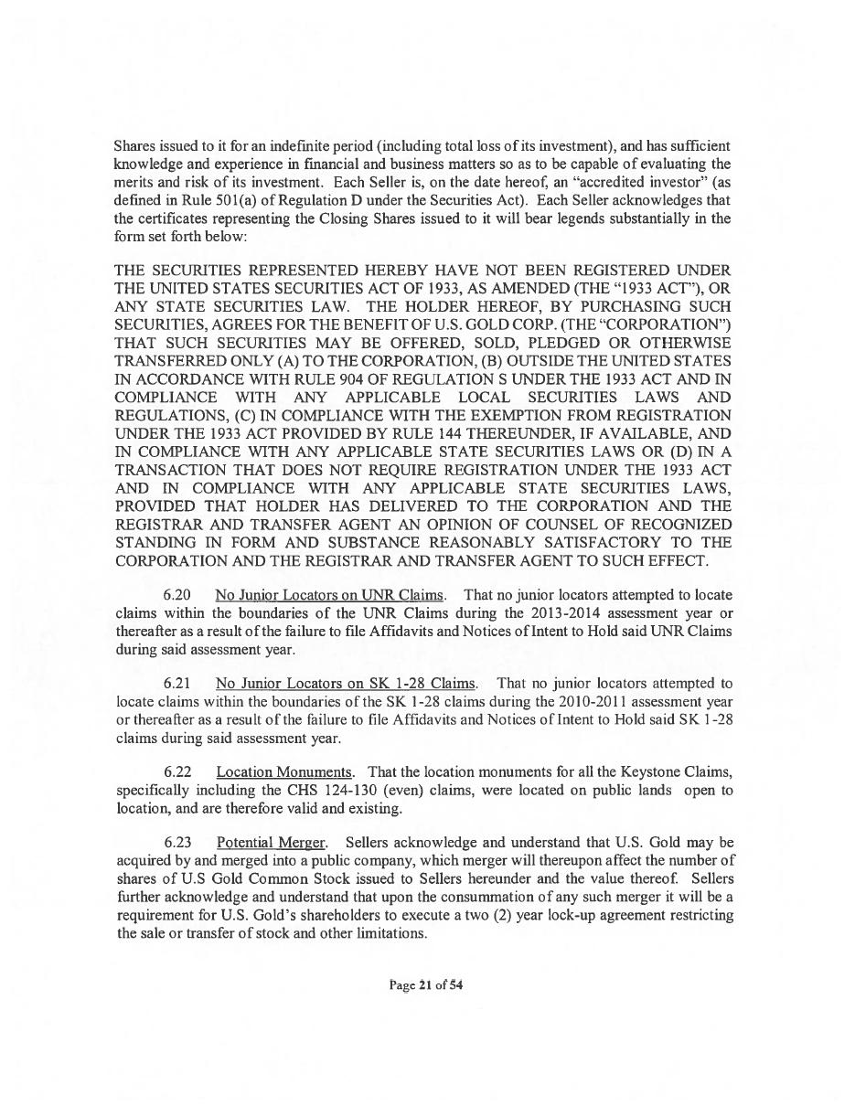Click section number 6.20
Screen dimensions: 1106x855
tap(177, 595)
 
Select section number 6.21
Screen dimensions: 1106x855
tap(177, 684)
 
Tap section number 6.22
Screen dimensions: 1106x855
tap(177, 772)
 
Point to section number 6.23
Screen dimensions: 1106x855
tap(177, 842)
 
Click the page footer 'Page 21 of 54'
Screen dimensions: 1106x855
tap(426, 985)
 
